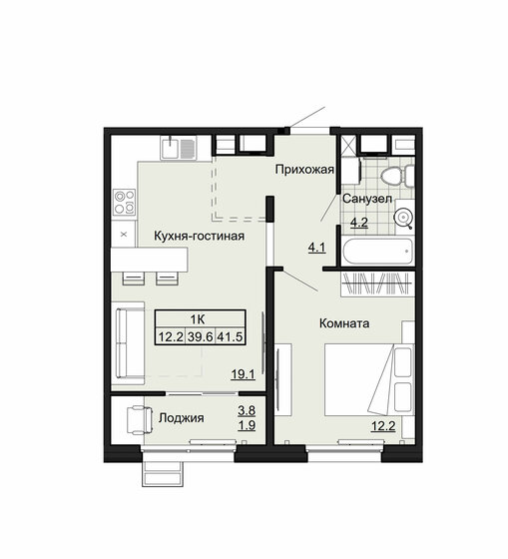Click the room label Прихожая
303,170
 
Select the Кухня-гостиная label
199,236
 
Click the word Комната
344,323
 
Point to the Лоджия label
181,418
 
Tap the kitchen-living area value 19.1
243,376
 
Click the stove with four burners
125,202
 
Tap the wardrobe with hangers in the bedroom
376,282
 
